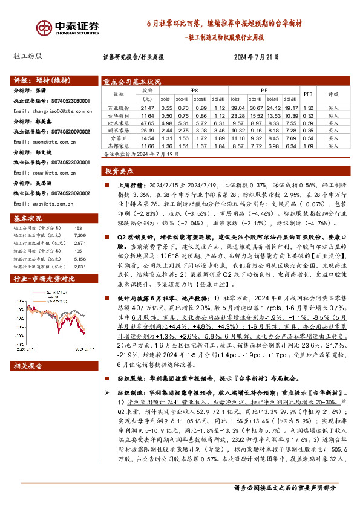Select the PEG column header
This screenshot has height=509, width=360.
(307, 94)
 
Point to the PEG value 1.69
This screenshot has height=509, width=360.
(307, 146)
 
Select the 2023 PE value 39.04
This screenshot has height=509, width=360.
(238, 106)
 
